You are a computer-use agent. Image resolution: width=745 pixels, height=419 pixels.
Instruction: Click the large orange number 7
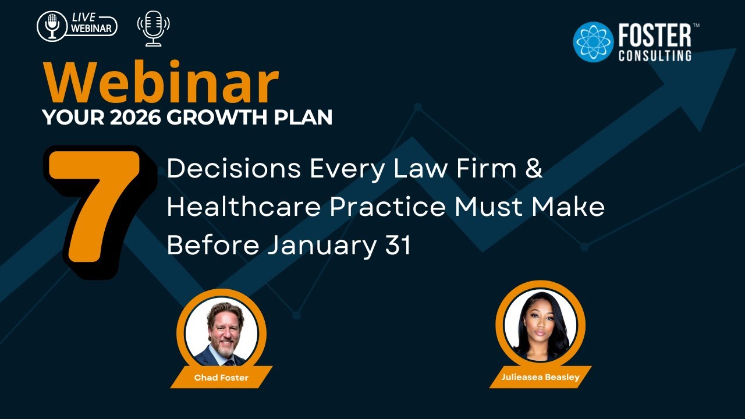tap(99, 210)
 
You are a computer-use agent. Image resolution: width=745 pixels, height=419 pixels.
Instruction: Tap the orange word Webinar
tap(161, 83)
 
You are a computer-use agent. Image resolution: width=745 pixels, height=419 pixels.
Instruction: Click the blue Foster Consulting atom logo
tap(593, 42)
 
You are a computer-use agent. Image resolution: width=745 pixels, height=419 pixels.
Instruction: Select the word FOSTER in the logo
tap(654, 36)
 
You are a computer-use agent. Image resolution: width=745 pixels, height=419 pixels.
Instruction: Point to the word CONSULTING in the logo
tap(654, 56)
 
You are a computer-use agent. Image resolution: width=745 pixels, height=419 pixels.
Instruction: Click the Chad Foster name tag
tap(221, 378)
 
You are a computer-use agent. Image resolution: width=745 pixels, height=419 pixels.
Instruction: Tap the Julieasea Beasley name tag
tap(540, 377)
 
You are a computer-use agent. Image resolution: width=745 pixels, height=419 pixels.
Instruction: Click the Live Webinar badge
tap(77, 26)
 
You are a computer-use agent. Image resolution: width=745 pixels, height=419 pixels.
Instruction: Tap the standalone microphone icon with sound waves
tap(153, 28)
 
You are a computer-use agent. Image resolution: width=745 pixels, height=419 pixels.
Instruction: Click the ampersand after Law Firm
tap(534, 169)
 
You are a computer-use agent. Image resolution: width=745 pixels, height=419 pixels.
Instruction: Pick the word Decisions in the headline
tap(233, 169)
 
